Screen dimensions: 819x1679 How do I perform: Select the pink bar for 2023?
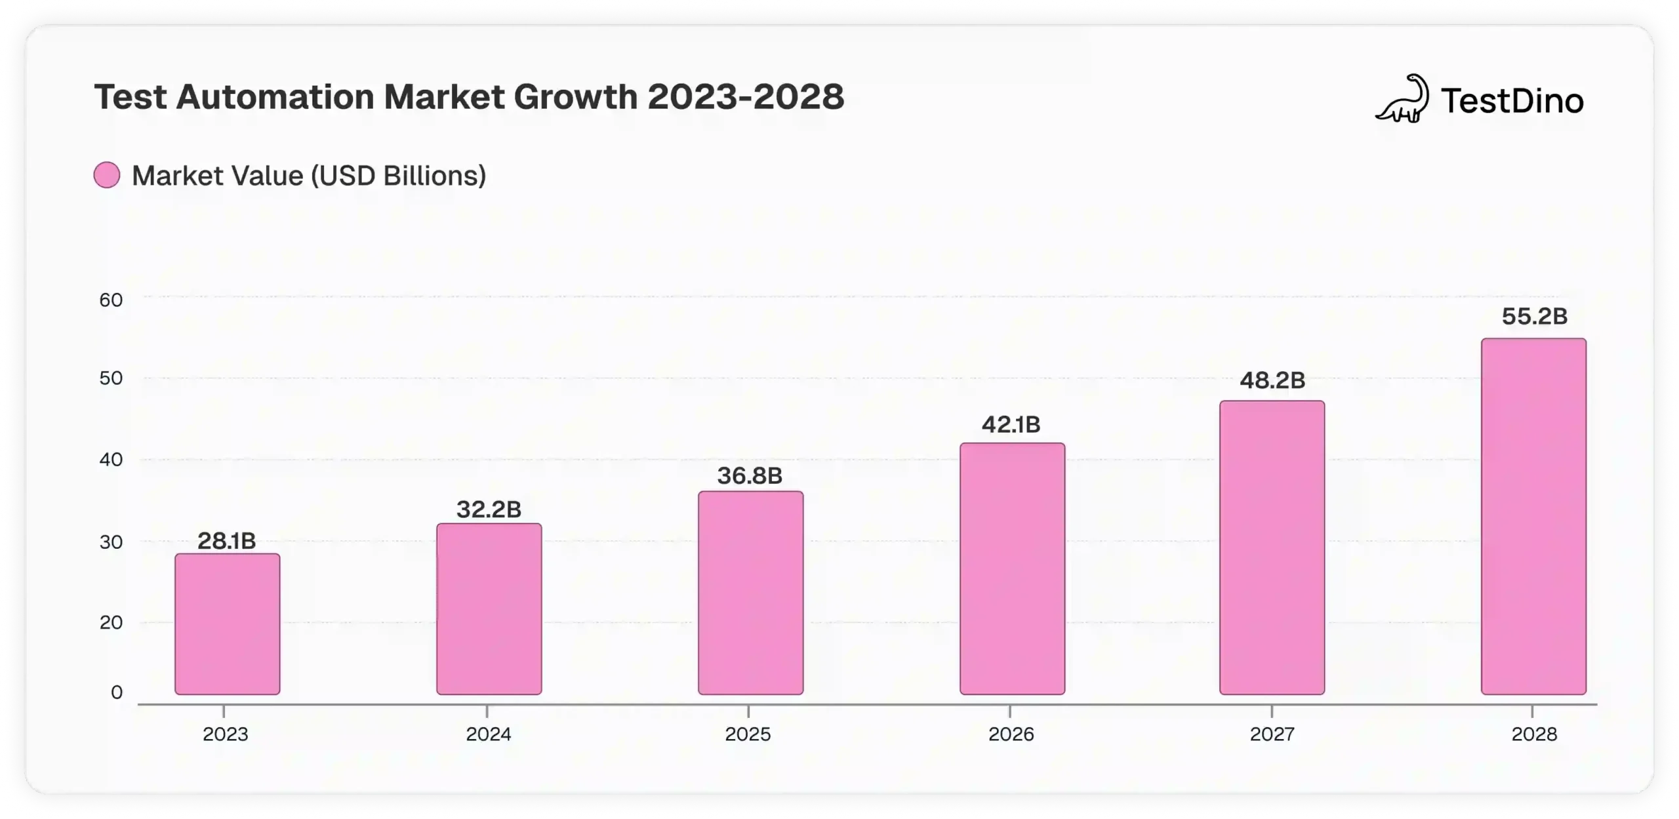pos(227,624)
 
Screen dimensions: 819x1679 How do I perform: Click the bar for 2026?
pos(1012,569)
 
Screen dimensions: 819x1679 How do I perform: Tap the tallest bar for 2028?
pos(1533,516)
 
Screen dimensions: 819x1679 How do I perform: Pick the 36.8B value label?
pos(750,475)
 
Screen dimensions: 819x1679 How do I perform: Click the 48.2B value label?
pos(1272,380)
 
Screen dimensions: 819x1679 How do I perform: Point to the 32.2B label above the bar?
pos(489,509)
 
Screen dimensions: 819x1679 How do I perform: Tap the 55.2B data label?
pos(1534,317)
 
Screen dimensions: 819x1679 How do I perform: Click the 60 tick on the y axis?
pos(111,300)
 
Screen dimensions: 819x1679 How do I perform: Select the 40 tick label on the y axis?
pos(111,460)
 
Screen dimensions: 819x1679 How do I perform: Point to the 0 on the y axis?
pos(117,692)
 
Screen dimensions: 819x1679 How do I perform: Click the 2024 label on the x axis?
pos(488,734)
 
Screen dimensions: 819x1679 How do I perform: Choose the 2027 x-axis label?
pos(1272,734)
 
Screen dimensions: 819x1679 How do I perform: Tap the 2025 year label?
pos(748,734)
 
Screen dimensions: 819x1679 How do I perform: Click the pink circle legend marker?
pos(107,176)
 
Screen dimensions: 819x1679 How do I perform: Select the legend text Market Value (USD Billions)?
pos(309,176)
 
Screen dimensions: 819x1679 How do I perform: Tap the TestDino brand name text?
pos(1512,101)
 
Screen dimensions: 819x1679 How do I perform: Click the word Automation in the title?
pos(275,97)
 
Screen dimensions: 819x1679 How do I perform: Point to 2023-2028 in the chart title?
pos(746,97)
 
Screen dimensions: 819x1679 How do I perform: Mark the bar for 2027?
pos(1272,548)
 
